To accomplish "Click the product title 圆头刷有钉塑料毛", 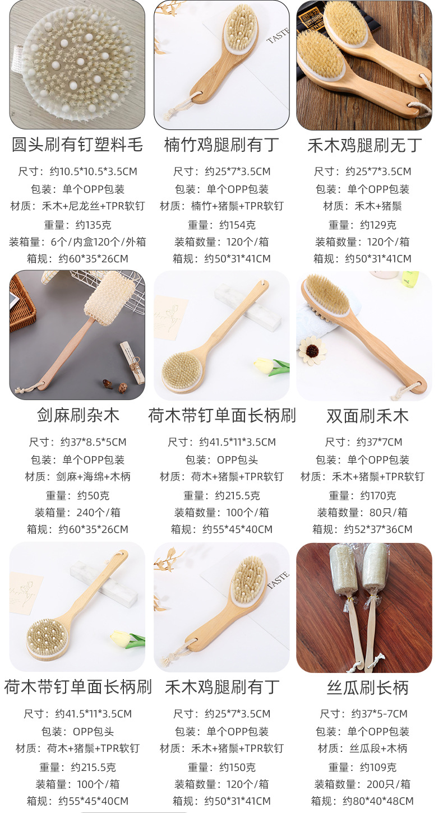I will coord(77,145).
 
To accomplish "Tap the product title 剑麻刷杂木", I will coord(78,416).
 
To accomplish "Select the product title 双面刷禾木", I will coord(367,416).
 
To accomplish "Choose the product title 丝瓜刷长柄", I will coord(367,687).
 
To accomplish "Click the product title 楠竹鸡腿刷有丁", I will coord(221,145).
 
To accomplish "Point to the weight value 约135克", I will coord(93,225).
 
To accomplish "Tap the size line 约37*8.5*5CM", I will coord(93,442).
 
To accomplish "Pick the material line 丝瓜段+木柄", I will coord(378,748).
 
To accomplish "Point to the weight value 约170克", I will coord(378,495).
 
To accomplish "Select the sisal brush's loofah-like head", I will coord(110,295).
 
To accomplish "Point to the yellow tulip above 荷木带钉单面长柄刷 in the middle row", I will coord(265,365).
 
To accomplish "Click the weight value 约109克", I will coord(378,767).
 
